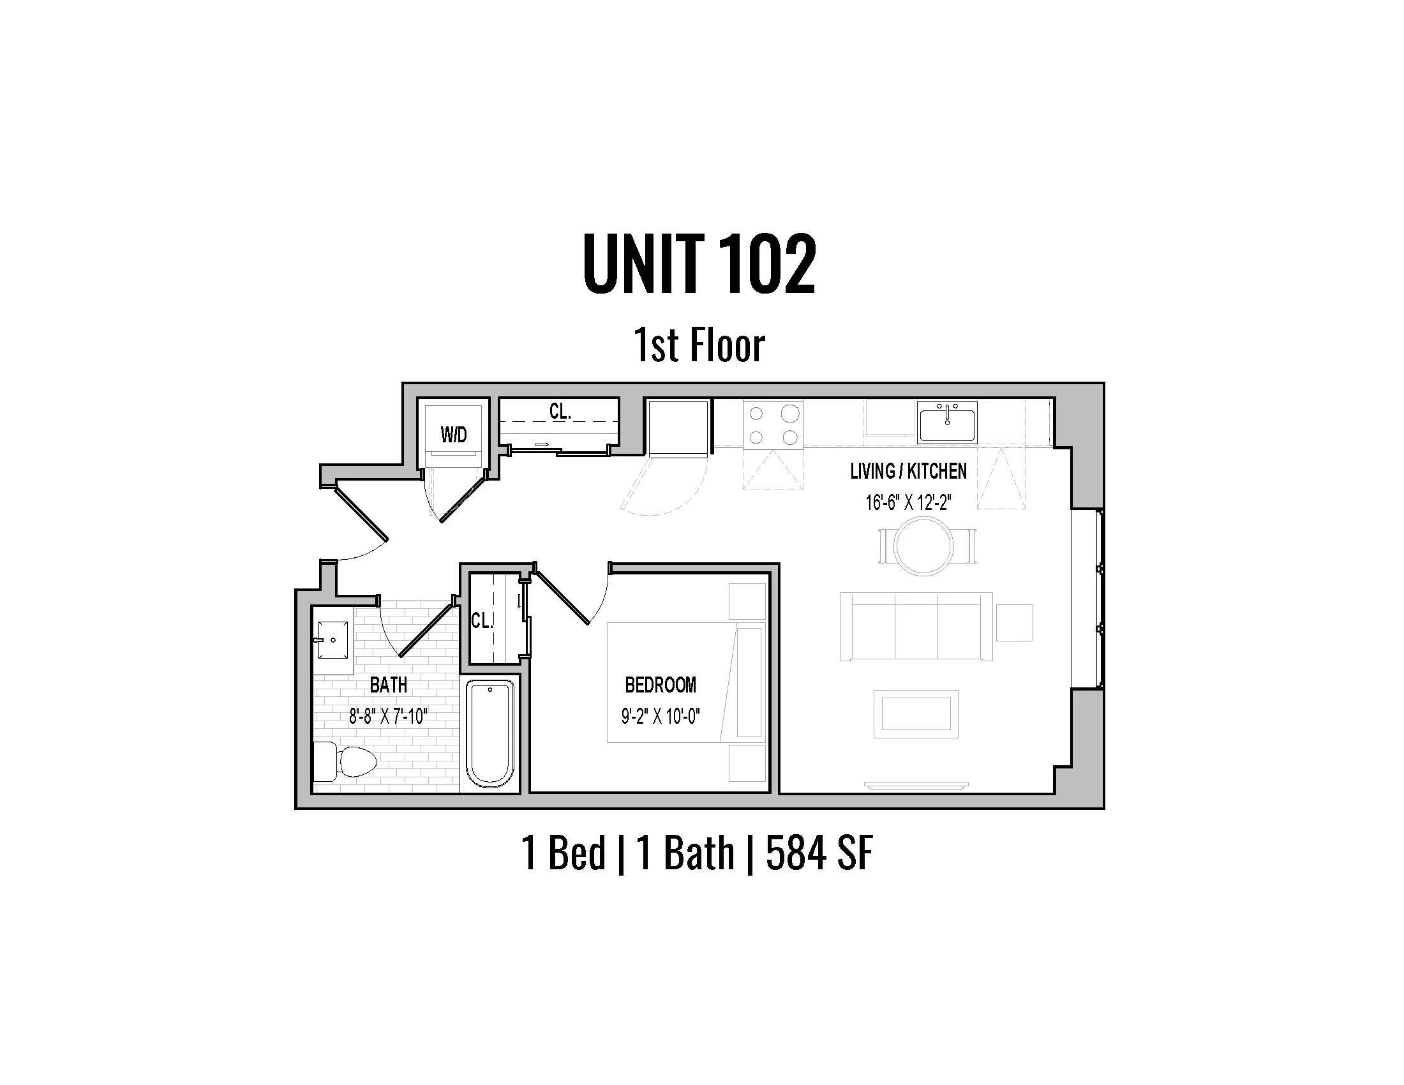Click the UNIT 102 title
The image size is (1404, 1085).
tap(699, 264)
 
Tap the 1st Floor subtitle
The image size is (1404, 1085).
tap(699, 345)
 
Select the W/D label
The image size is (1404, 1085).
tap(453, 435)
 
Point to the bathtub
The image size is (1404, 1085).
tap(490, 734)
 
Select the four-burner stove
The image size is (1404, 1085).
tap(773, 424)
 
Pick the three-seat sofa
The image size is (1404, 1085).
tap(916, 626)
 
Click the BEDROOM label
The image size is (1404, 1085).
tap(661, 685)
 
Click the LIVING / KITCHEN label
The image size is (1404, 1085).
tap(907, 471)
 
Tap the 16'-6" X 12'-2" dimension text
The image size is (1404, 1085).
tap(907, 502)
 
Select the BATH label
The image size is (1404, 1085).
tap(388, 685)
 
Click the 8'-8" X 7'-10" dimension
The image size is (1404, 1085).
tap(388, 716)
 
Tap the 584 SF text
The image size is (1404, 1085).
tap(819, 853)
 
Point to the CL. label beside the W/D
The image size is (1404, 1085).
tap(560, 412)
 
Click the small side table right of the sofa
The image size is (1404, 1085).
tap(1014, 622)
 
